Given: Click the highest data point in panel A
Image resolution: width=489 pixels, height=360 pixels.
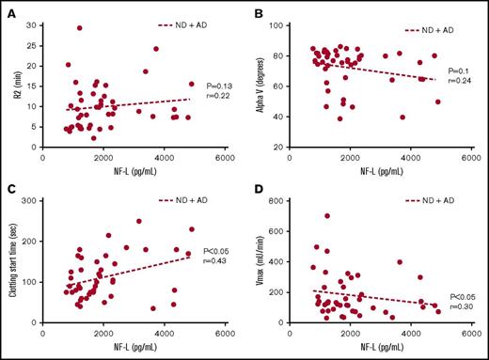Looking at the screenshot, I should pos(80,28).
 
